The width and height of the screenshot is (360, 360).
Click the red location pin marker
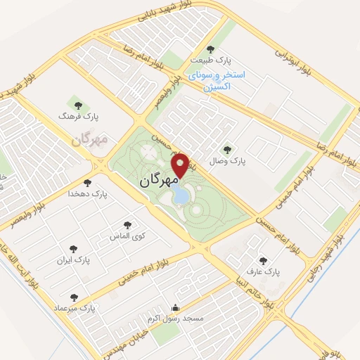pyautogui.click(x=182, y=165)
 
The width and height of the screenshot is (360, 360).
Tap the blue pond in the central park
pyautogui.click(x=181, y=193)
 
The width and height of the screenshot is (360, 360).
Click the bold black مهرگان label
pyautogui.click(x=155, y=179)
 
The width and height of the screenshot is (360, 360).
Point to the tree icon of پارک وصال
pyautogui.click(x=226, y=149)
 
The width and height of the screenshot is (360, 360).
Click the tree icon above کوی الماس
pyautogui.click(x=127, y=225)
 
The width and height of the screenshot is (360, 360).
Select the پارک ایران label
pyautogui.click(x=74, y=259)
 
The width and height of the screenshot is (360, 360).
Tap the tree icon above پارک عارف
pyautogui.click(x=264, y=259)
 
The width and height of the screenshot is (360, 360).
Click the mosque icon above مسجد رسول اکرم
pyautogui.click(x=175, y=308)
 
